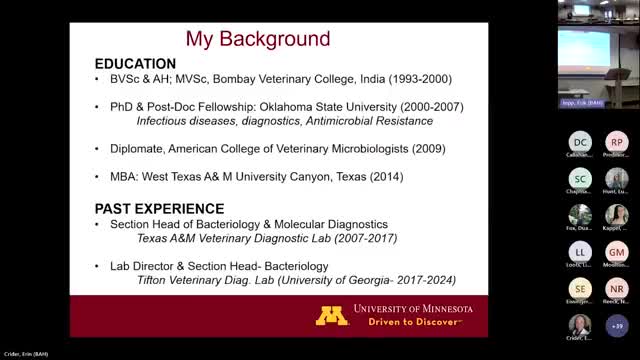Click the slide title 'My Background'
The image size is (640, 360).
click(258, 39)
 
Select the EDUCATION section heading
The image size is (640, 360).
click(136, 63)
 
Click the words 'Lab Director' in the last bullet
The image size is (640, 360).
click(146, 267)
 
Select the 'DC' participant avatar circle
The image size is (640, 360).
click(581, 142)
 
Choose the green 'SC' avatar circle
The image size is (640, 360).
click(581, 178)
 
